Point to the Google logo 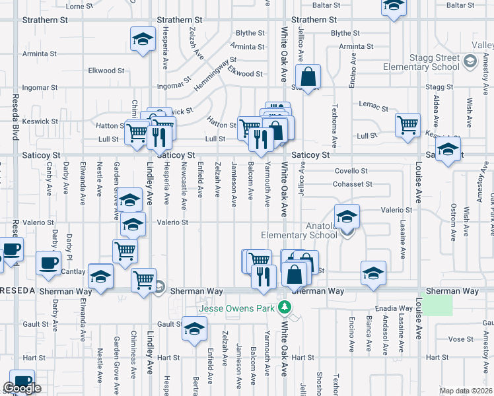point(22,388)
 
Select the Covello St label point(351,171)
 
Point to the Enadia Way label point(394,308)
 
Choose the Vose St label point(457,339)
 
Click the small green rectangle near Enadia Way point(437,305)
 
